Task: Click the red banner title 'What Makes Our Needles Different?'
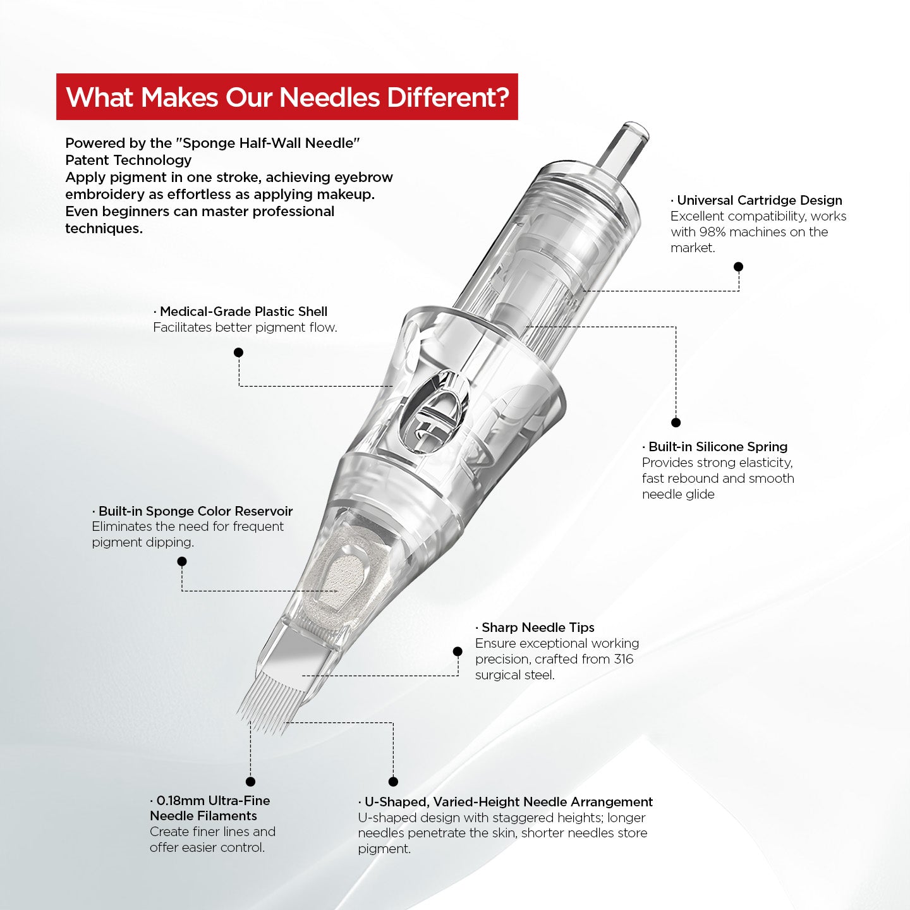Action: [x=287, y=97]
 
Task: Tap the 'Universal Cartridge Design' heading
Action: [x=759, y=200]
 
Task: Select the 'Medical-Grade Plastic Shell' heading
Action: [x=243, y=312]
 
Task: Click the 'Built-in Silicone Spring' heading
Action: [x=718, y=447]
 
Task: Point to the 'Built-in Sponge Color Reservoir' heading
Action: [x=195, y=511]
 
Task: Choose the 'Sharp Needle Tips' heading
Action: [x=538, y=628]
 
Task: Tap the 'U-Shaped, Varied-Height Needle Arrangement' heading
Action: [x=508, y=802]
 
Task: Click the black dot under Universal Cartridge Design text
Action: [x=738, y=267]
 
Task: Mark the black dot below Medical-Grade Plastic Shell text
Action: [x=238, y=353]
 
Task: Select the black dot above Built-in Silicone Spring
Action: [x=676, y=422]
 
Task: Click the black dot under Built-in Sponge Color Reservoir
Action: [x=182, y=561]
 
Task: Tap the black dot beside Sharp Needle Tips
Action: [x=458, y=652]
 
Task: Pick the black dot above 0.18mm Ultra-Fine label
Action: [x=250, y=782]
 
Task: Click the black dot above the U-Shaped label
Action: [x=393, y=782]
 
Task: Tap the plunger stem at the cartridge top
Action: [x=626, y=147]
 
